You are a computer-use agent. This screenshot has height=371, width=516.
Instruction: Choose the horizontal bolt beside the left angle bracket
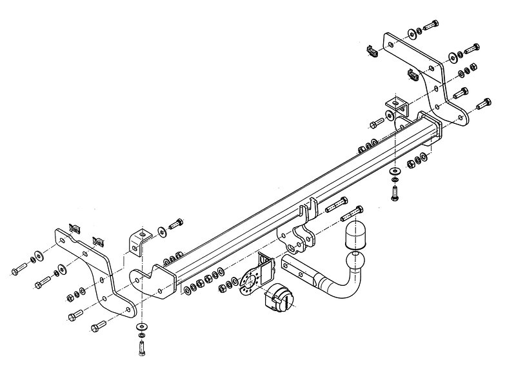point(175,225)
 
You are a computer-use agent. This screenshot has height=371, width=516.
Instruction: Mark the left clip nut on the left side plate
point(74,228)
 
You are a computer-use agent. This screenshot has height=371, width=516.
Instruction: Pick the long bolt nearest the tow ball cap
point(352,211)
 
